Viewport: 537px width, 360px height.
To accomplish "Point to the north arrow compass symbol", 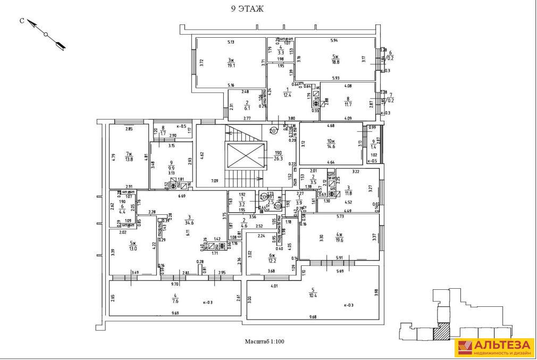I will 46,35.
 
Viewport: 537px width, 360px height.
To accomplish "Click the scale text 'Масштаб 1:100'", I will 264,341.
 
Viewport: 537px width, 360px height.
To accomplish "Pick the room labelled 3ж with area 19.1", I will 231,62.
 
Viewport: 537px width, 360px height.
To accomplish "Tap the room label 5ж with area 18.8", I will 335,59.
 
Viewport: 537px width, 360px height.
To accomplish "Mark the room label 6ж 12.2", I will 271,258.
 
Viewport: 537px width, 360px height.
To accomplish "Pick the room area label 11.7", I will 348,101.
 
